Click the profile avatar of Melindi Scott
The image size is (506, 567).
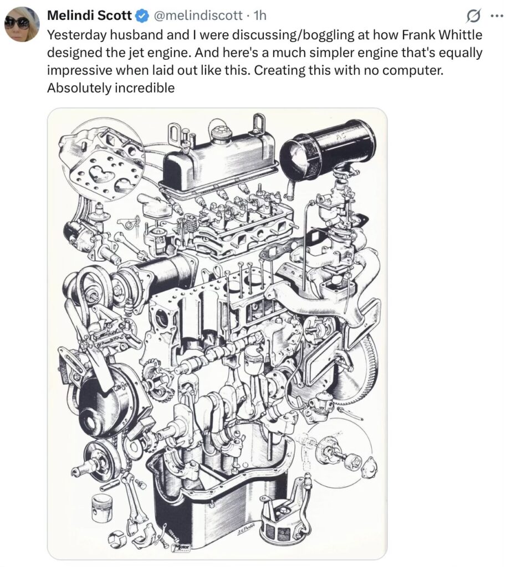(x=22, y=24)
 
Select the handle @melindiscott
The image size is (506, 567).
(x=198, y=15)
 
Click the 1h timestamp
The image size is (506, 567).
(x=260, y=15)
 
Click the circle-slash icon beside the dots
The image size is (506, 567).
(x=473, y=16)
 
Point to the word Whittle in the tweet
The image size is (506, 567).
(x=459, y=35)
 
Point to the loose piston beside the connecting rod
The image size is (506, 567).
(x=103, y=508)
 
